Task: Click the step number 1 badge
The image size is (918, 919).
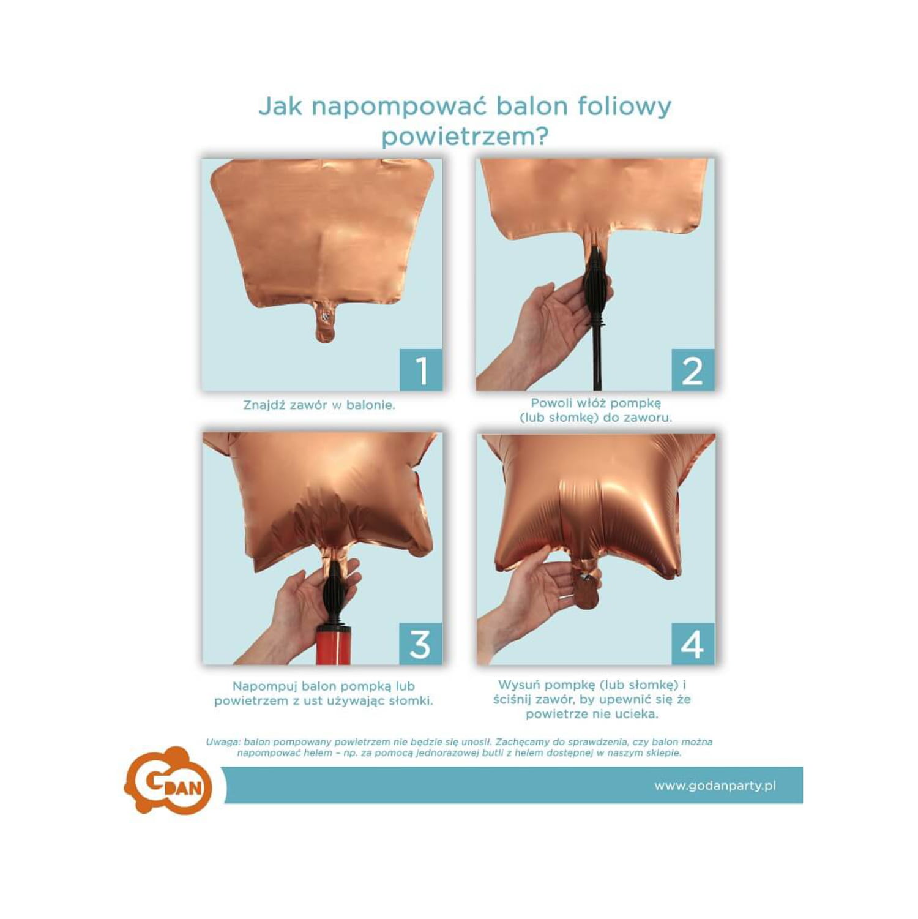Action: tap(421, 370)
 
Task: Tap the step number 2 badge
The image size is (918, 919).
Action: tap(693, 370)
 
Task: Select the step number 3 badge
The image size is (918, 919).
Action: tap(420, 643)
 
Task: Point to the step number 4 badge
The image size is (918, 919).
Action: tap(693, 643)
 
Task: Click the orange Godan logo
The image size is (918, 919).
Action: tap(168, 781)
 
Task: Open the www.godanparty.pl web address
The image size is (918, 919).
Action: tap(715, 786)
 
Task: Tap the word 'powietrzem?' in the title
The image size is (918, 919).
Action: tap(465, 136)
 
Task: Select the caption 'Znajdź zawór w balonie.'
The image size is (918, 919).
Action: tap(319, 405)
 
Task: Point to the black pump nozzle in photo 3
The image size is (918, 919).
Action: tap(335, 594)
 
